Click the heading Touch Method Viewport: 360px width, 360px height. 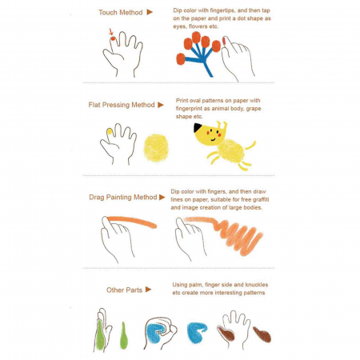(121, 13)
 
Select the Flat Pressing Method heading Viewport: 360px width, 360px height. (122, 105)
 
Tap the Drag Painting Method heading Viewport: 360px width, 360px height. (123, 197)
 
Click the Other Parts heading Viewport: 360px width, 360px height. (124, 290)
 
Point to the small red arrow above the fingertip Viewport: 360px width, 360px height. (111, 32)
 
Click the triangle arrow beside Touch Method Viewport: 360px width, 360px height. (150, 12)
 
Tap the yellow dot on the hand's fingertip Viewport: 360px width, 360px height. (109, 131)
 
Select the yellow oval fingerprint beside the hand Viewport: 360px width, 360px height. (156, 148)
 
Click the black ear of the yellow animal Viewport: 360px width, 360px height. (198, 128)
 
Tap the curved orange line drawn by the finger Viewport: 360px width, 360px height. (132, 222)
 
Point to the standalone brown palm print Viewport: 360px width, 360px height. (262, 334)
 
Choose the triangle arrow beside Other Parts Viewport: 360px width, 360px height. (149, 290)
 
